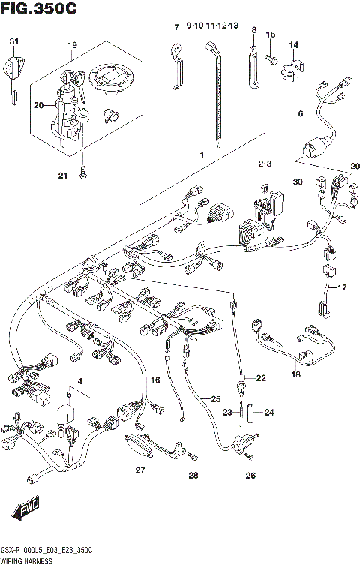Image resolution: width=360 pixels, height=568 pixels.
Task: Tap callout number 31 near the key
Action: [13, 41]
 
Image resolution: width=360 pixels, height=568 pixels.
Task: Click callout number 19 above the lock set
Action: [72, 45]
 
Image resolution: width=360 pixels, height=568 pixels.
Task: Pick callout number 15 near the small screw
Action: [271, 35]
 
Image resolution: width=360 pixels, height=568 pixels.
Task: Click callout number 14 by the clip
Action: [294, 44]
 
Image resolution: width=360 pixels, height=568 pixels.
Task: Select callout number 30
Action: [298, 182]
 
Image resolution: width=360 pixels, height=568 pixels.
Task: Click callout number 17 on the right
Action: [343, 288]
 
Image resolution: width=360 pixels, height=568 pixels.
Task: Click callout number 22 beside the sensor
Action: [260, 379]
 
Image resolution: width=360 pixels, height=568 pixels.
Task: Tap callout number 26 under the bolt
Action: [250, 475]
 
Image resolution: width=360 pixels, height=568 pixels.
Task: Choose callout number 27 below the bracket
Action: [139, 470]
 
